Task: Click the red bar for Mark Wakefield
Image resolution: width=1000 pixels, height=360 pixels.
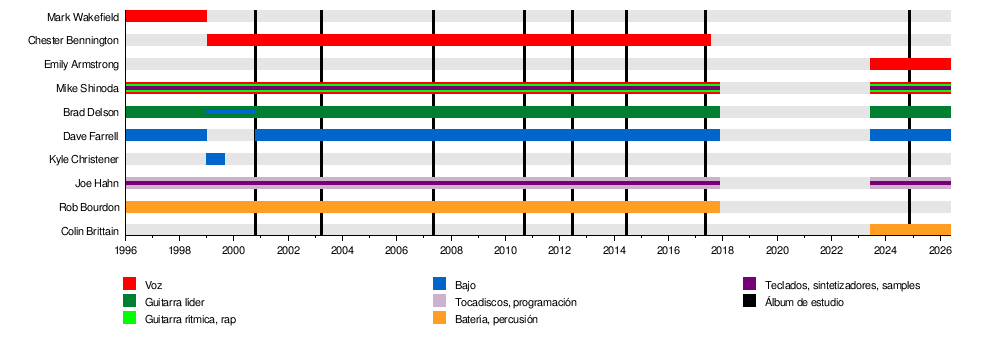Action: point(166,16)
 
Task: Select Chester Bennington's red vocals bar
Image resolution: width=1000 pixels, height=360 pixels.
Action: point(459,40)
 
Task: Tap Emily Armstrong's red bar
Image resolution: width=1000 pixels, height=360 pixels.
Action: point(910,64)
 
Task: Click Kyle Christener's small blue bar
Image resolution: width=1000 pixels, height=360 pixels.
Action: point(216,159)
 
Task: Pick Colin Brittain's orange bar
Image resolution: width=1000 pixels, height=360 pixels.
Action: point(910,230)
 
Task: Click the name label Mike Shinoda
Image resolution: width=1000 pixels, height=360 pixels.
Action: point(87,89)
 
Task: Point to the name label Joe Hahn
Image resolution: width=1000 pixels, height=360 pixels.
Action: point(97,184)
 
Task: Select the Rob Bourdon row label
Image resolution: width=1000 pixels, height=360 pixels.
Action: point(89,207)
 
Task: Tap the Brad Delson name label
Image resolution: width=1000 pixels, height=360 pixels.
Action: point(91,112)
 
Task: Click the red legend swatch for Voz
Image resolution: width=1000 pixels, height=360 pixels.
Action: point(129,284)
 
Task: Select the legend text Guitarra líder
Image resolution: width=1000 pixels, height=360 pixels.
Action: point(175,302)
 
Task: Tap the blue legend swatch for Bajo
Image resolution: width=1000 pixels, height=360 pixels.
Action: point(439,284)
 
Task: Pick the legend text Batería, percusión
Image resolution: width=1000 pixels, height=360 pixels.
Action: point(496,319)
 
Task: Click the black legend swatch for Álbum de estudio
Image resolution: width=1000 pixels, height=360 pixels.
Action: point(749,301)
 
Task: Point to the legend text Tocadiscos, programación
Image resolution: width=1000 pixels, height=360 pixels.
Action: point(516,302)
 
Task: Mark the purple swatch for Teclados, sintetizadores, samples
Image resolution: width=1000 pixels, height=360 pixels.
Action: point(749,284)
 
